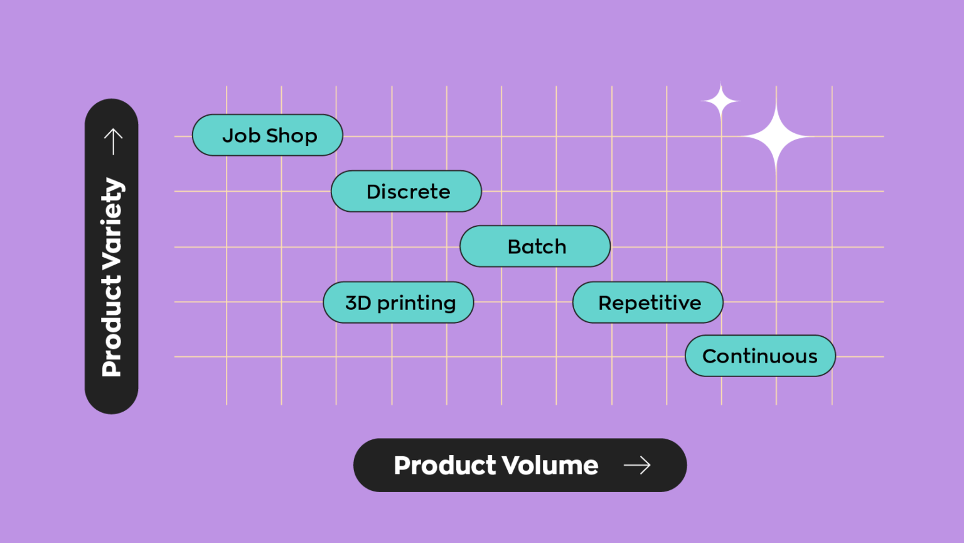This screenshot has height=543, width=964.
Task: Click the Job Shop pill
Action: (267, 135)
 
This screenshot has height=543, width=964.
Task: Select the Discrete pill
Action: (406, 191)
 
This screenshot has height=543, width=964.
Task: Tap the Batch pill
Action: (535, 246)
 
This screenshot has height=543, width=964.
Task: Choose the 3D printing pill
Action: (399, 302)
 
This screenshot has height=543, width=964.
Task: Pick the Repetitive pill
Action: (648, 302)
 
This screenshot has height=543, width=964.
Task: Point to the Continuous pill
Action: (760, 356)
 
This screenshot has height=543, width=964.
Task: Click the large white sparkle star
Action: (776, 136)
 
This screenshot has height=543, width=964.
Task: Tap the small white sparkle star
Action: (720, 101)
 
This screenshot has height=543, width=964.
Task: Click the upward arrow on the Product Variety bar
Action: (113, 141)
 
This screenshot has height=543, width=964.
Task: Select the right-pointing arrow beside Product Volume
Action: (637, 465)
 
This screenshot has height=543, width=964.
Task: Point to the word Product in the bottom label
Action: (445, 465)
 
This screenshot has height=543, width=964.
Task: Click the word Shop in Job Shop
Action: (292, 136)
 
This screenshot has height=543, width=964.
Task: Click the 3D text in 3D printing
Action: (358, 302)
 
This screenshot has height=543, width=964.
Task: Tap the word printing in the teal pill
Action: (416, 304)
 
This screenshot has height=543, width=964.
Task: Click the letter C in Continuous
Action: (710, 356)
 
